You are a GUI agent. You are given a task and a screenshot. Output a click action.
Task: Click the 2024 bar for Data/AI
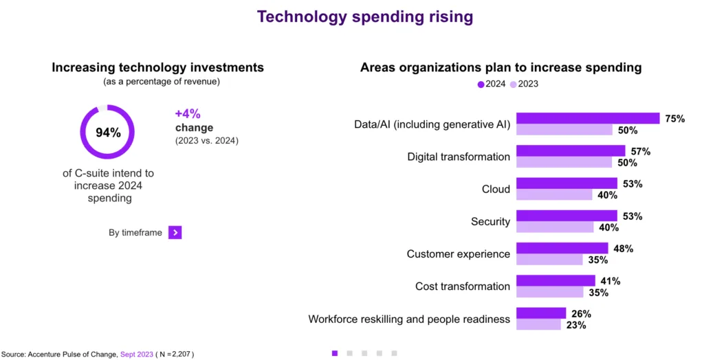[588, 118]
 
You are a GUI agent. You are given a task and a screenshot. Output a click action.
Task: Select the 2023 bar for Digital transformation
[564, 162]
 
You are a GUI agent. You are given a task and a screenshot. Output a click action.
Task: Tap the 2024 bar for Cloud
[566, 183]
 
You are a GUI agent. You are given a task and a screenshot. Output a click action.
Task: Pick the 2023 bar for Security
[554, 227]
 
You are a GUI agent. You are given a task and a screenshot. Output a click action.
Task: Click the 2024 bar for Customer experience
[562, 248]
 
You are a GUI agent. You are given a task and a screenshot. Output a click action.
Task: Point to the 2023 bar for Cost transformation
[549, 292]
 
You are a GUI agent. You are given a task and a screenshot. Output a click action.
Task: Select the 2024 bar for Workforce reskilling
[541, 313]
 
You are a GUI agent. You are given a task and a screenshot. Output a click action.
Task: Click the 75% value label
[675, 118]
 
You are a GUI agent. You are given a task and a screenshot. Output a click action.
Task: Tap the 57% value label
[641, 151]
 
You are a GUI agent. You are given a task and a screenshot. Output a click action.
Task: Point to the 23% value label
[576, 325]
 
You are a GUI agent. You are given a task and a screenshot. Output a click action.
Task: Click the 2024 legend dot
[481, 85]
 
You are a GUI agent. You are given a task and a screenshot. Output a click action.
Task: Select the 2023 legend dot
[513, 85]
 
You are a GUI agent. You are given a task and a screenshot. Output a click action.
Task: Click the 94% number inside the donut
[108, 133]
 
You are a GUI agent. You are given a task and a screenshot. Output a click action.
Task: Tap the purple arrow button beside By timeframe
[175, 232]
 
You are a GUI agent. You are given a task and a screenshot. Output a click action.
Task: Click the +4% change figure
[188, 114]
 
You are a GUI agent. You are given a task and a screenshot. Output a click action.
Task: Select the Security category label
[490, 221]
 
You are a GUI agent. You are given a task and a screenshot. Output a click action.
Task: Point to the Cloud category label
[496, 189]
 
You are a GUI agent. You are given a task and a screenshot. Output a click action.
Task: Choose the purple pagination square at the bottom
[335, 352]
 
